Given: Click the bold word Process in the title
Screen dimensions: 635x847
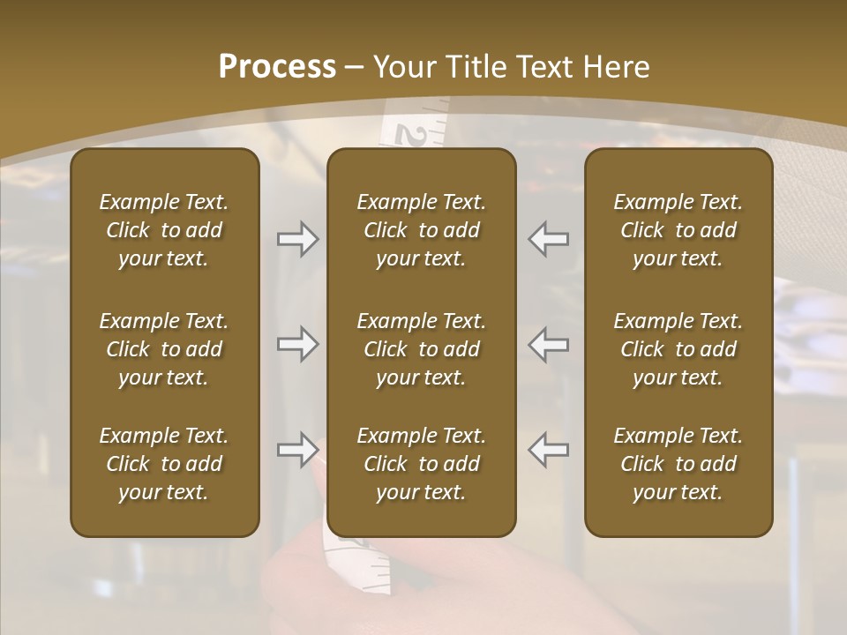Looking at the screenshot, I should click(277, 67).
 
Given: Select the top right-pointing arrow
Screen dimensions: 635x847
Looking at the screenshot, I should click(297, 238).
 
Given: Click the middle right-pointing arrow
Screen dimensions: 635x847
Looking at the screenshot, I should click(297, 344).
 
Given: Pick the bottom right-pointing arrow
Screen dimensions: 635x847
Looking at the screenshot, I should click(297, 450).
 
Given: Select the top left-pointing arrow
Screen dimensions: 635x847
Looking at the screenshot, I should click(548, 238).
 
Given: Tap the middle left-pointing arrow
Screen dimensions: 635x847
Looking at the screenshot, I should click(548, 344).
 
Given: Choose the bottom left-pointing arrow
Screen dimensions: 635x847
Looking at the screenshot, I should click(548, 450).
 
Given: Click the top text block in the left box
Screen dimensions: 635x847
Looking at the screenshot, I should click(164, 230).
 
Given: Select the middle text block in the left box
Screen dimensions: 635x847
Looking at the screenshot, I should click(164, 349).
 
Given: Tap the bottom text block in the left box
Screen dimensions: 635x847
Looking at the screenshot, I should click(164, 464).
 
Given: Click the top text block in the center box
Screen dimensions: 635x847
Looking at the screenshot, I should click(422, 230).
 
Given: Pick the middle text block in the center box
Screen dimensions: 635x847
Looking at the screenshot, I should click(422, 349).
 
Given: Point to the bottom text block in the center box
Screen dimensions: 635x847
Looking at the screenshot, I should click(422, 464).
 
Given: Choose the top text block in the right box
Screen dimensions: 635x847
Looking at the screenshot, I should click(678, 230).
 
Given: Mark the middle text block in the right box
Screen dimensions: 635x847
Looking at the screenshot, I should click(678, 349).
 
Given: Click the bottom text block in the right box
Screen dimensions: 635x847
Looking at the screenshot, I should click(678, 464).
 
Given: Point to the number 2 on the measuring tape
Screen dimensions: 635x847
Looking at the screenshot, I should click(411, 135).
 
